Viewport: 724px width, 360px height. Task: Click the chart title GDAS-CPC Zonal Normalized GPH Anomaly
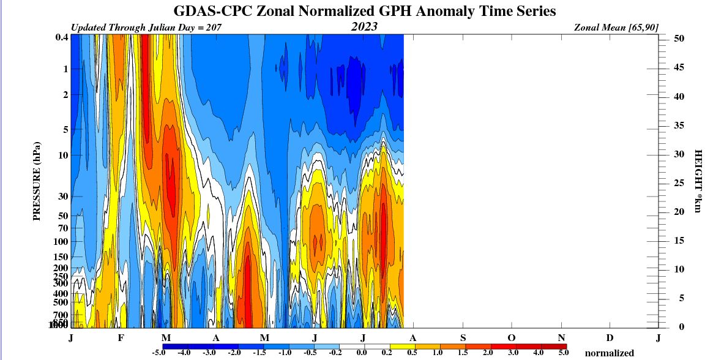[365, 12]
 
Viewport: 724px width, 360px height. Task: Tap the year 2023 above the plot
[364, 27]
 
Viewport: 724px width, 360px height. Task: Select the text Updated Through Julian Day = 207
[146, 28]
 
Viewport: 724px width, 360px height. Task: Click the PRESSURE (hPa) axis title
[36, 181]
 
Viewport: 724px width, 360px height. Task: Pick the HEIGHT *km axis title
[697, 181]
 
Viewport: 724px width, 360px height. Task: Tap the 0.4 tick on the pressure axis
[61, 37]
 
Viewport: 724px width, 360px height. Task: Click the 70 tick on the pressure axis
[61, 228]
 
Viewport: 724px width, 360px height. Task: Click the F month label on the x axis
[121, 338]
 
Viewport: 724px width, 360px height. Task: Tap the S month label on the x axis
[463, 338]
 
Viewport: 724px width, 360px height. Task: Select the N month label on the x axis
[561, 338]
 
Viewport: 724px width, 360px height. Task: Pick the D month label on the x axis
[610, 338]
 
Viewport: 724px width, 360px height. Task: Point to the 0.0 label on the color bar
[362, 353]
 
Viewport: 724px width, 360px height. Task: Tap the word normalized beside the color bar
[610, 353]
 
